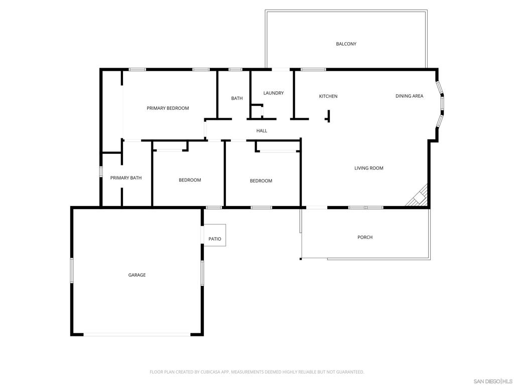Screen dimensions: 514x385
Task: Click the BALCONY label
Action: click(346, 44)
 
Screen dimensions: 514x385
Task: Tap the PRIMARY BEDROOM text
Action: click(168, 108)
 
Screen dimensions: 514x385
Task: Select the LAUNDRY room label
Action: click(274, 93)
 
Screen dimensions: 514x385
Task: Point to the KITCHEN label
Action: click(328, 96)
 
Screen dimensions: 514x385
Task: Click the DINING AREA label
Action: click(409, 96)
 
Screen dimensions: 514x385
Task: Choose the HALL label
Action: click(262, 131)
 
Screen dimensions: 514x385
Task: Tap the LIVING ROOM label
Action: click(369, 168)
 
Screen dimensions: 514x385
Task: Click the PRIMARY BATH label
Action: click(126, 178)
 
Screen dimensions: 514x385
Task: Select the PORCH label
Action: click(365, 237)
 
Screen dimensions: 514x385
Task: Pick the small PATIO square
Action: click(215, 235)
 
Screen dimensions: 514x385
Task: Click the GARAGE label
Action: click(137, 275)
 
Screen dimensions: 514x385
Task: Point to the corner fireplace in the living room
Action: click(418, 198)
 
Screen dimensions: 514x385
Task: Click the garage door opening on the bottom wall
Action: click(137, 334)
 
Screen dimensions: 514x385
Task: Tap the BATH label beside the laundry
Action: click(237, 98)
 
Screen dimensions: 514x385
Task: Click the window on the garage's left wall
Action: click(72, 270)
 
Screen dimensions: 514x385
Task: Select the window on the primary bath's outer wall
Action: click(101, 172)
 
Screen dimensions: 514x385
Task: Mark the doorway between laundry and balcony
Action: click(281, 69)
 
